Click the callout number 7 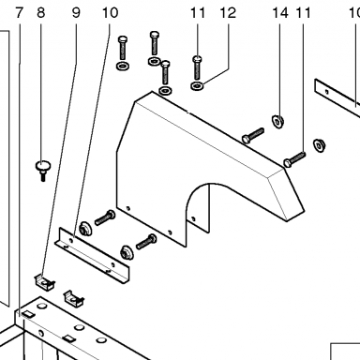[20, 13]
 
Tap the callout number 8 [41, 13]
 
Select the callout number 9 [76, 13]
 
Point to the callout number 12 [228, 13]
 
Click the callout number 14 [280, 13]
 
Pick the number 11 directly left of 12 [198, 13]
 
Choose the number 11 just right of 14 [303, 13]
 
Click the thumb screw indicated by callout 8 [43, 170]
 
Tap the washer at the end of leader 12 [197, 85]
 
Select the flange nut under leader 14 [277, 120]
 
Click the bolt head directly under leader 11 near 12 [197, 58]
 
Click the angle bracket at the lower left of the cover [93, 256]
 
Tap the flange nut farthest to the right [320, 145]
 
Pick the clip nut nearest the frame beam [74, 298]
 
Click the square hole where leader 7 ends [28, 314]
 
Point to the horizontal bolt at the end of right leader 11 [294, 159]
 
